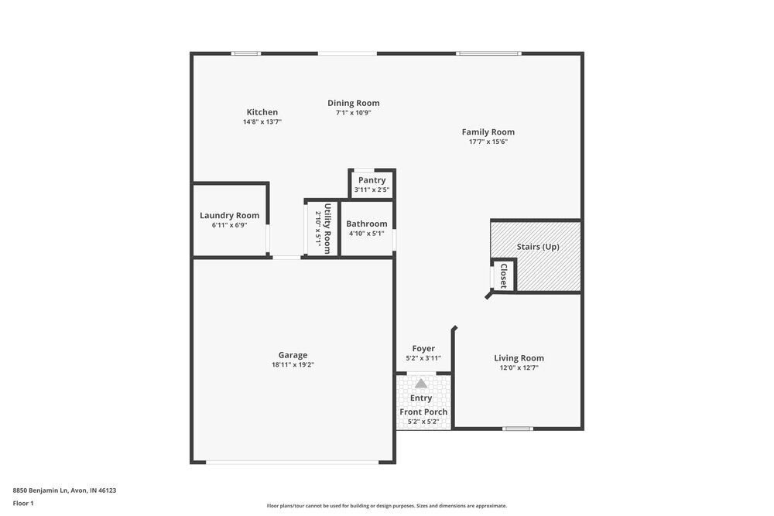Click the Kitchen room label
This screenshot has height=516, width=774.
262,112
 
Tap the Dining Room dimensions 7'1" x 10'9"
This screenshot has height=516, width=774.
353,113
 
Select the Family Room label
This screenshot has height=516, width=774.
488,132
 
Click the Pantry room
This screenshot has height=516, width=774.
372,184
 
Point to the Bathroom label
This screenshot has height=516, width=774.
366,224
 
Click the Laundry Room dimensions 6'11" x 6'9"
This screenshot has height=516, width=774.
229,225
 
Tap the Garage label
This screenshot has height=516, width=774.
293,355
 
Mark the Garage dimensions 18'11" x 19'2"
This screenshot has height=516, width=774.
293,365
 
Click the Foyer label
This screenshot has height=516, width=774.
423,348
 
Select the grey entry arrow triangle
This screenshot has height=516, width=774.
421,383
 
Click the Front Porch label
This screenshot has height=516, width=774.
423,412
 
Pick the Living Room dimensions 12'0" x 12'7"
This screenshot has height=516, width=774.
519,368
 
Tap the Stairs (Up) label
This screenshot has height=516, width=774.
537,247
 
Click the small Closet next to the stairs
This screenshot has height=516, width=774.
503,275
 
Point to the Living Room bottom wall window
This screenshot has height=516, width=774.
517,429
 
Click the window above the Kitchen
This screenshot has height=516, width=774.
246,53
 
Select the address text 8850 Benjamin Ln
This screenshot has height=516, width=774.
64,490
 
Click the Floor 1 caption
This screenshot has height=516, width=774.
23,503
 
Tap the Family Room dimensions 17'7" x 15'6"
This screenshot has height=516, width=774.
488,142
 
